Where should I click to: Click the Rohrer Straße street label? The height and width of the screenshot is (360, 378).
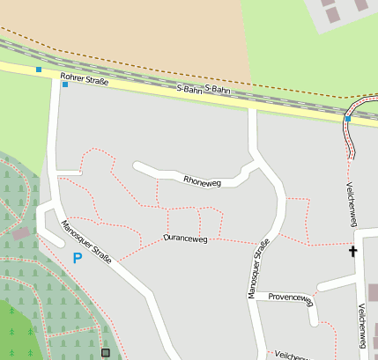point(84,81)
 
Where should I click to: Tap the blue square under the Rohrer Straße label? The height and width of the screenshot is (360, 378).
point(64,85)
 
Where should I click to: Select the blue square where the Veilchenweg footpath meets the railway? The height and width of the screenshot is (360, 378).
point(348,118)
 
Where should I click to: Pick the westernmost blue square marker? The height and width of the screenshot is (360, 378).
point(38,69)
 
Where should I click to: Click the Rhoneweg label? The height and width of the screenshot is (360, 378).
point(202,181)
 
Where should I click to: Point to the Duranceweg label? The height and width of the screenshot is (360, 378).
point(184,238)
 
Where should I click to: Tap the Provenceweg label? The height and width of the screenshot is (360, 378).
point(291,298)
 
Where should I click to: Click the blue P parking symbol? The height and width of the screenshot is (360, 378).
point(77,258)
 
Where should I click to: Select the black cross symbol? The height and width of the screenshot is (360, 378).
point(353,252)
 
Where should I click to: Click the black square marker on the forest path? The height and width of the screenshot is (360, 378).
point(106,352)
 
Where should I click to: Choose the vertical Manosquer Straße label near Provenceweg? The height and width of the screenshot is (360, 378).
point(257,271)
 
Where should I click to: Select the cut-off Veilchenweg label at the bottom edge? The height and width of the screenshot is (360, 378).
point(293,356)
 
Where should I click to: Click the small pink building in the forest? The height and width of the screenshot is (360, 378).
point(19,234)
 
